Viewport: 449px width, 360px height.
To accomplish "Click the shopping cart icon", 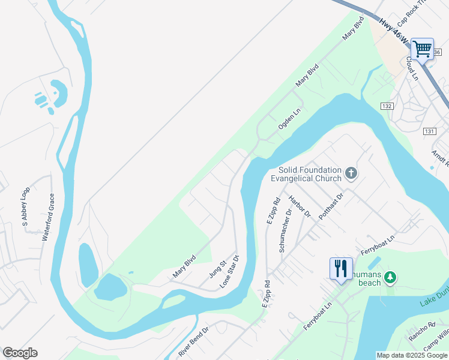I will [423, 49].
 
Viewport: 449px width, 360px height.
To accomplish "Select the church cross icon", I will [351, 174].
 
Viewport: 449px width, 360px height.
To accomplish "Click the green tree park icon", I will [391, 277].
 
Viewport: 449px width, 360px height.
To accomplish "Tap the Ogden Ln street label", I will [289, 120].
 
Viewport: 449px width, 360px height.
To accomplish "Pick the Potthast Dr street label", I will [331, 206].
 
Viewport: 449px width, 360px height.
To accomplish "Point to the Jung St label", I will [217, 268].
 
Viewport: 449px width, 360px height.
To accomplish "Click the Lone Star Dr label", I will [229, 271].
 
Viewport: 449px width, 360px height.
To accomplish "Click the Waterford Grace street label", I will [49, 217].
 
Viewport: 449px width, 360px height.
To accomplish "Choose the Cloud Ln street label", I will [411, 68].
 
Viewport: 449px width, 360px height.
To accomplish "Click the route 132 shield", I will [387, 106].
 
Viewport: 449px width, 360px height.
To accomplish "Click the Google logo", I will [20, 353].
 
